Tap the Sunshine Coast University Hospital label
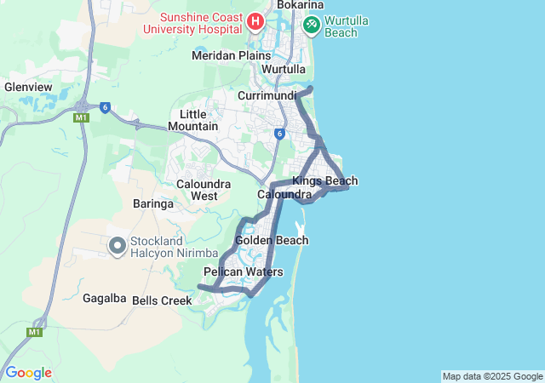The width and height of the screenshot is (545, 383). point(195,23)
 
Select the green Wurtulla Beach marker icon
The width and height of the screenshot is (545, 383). point(311,24)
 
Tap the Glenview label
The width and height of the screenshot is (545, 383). point(28,87)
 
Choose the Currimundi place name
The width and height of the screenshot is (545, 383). point(267,95)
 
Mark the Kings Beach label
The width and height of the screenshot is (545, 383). point(324,180)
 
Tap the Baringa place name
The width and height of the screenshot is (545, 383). point(153,204)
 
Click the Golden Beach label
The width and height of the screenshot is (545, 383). point(272,241)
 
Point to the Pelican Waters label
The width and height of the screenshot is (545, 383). point(243,272)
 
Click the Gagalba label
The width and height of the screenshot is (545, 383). point(105,298)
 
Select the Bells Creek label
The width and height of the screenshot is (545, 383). point(162,300)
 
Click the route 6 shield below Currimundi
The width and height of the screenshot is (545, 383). point(278,134)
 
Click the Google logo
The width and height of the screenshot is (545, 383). point(28,373)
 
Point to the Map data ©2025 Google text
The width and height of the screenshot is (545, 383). point(491,376)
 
